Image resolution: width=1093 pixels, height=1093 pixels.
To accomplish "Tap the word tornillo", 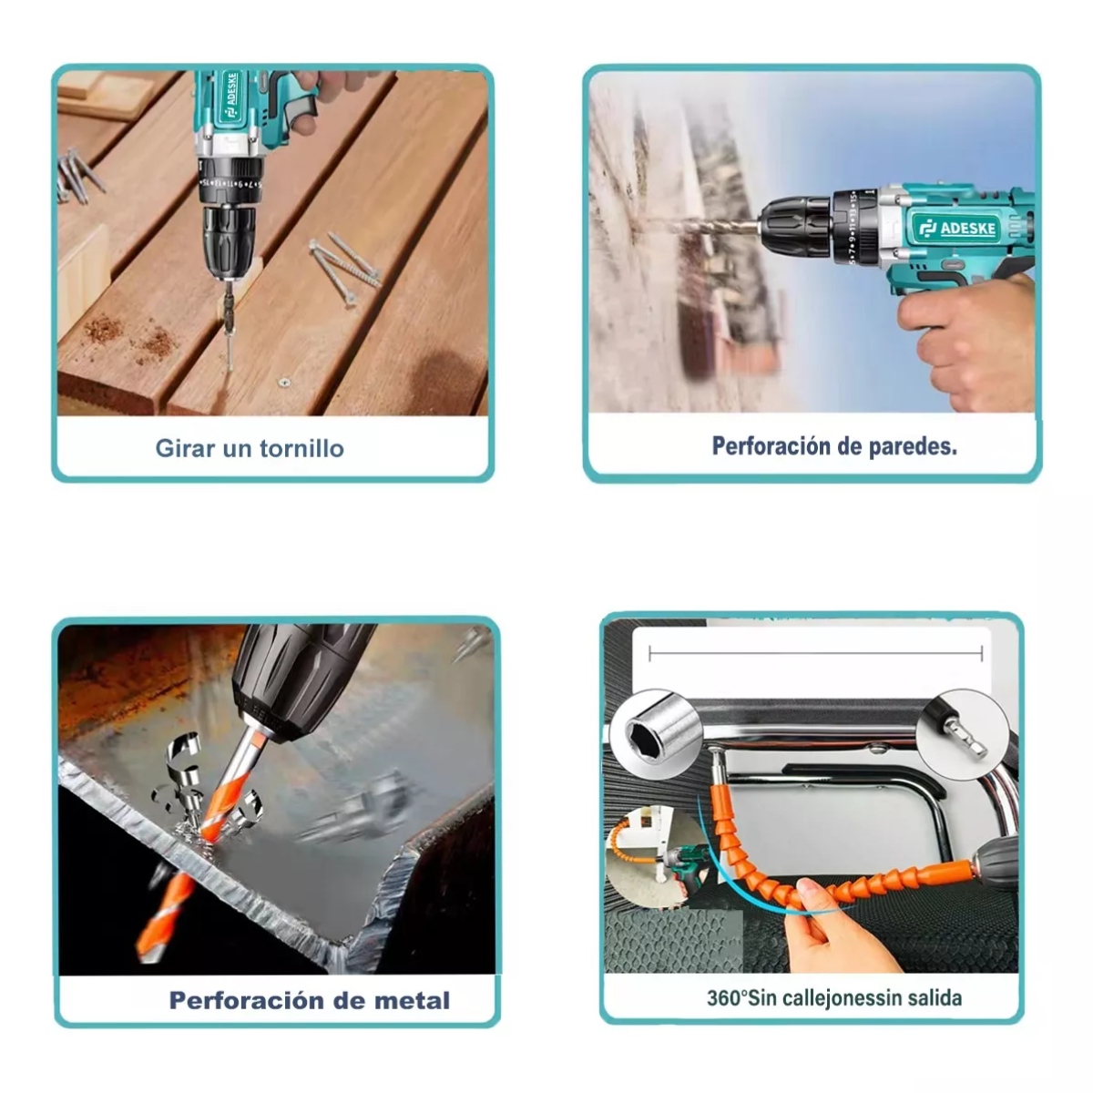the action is [x=301, y=448].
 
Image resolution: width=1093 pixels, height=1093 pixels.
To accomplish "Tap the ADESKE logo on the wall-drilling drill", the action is [x=956, y=228].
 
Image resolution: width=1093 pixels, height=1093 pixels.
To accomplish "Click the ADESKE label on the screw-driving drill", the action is [x=232, y=96].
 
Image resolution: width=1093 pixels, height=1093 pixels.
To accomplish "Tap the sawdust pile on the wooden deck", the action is [x=131, y=334].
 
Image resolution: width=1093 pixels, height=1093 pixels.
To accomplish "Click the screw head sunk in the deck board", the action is [x=284, y=383].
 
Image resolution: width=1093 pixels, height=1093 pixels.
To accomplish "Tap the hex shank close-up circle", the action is [x=963, y=731].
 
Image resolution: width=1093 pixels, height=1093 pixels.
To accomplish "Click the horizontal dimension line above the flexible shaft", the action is [x=815, y=654].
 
